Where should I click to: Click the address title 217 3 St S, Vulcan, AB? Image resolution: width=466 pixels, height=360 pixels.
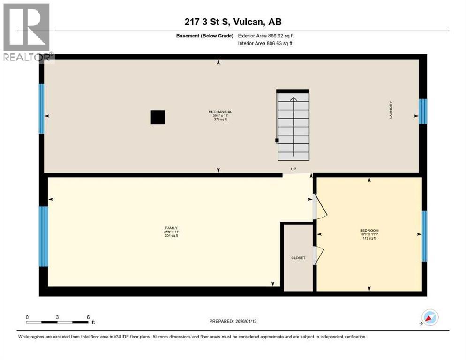[x=233, y=22]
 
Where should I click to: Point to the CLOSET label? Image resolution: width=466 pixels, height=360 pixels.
[x=298, y=258]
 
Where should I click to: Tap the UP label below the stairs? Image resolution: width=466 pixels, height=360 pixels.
[x=293, y=170]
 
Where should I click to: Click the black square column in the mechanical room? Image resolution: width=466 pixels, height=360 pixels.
[x=158, y=117]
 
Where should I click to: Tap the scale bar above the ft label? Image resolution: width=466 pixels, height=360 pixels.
[x=57, y=322]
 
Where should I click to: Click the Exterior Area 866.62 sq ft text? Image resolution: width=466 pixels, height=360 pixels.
[x=266, y=36]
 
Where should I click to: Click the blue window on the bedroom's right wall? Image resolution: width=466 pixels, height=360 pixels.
[x=424, y=236]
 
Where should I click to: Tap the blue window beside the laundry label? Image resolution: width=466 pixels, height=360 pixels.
[x=423, y=111]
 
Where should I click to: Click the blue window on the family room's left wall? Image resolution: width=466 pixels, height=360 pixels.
[x=43, y=236]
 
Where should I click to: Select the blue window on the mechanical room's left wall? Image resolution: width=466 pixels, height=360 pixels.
[x=41, y=109]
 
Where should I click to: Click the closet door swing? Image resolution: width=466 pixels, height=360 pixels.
[x=318, y=255]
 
